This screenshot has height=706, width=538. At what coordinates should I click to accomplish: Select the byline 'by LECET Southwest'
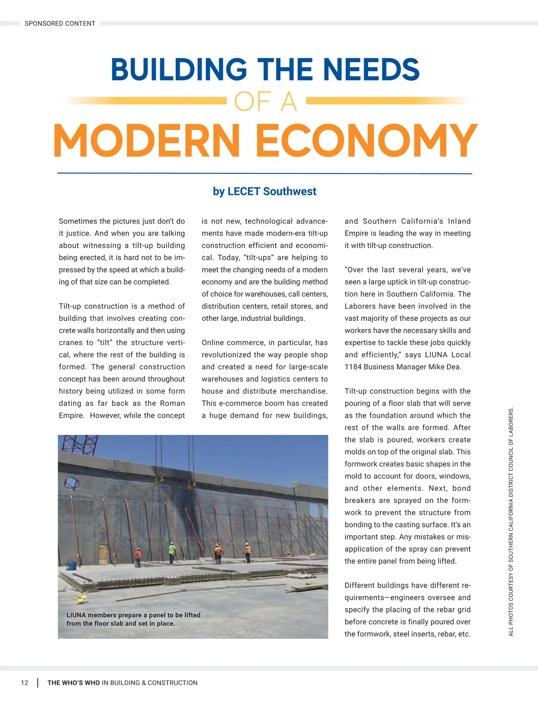coord(265,191)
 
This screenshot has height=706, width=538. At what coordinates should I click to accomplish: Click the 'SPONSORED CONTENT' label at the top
coord(60,23)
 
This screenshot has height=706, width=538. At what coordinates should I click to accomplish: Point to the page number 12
coord(24,683)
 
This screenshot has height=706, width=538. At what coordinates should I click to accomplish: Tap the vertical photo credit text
coord(511,522)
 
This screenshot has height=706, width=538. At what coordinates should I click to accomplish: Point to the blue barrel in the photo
coord(71,566)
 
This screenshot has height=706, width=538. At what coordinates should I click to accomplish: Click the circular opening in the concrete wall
coord(72,484)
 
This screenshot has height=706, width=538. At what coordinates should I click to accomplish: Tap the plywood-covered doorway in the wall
coord(103,554)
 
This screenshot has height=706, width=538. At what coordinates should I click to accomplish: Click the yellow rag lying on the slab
coord(82,598)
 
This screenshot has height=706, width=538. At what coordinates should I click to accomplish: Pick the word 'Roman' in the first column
coord(172,403)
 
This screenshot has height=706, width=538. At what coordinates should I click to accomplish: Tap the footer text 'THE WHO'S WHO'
coord(74,683)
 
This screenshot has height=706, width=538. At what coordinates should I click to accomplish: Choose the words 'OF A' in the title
coord(265,102)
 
